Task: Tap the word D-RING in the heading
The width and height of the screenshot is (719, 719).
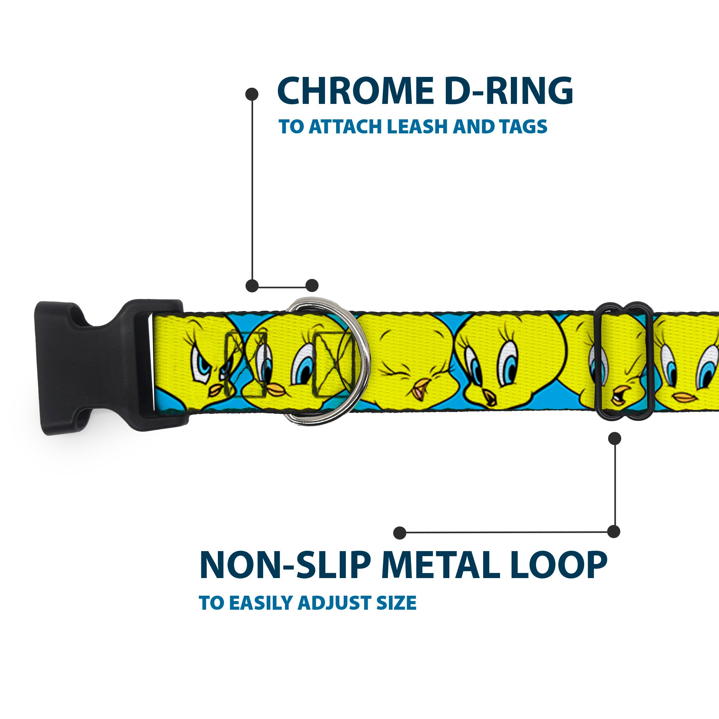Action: [508, 91]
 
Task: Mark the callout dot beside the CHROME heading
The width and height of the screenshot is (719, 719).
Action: [252, 94]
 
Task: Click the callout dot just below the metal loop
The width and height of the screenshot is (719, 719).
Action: [614, 438]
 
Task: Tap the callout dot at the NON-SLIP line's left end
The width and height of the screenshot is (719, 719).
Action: [400, 532]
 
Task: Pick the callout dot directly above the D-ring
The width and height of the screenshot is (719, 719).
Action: [312, 285]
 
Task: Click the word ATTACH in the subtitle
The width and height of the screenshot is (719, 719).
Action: [346, 127]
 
